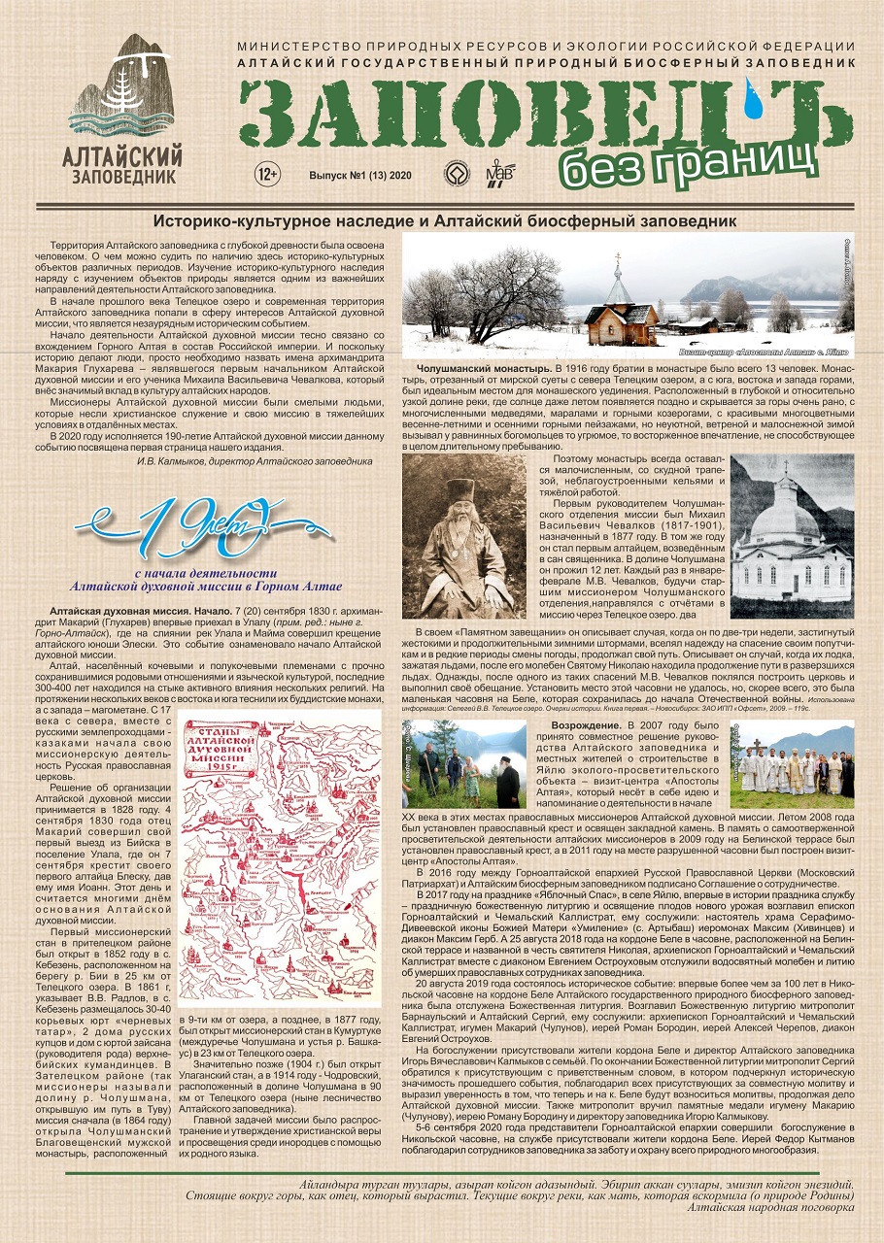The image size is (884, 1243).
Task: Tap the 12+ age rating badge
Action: pyautogui.click(x=266, y=176)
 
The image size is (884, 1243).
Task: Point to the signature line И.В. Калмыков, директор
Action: pyautogui.click(x=254, y=461)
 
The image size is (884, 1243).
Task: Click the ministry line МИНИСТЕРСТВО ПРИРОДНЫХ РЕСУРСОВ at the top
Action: pyautogui.click(x=547, y=48)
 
